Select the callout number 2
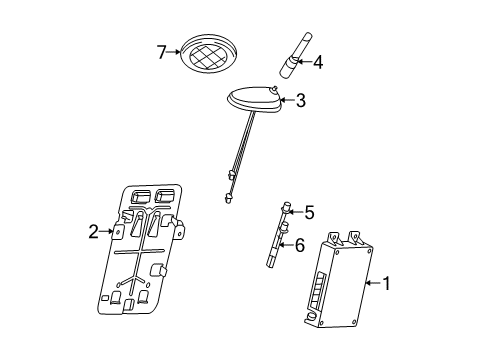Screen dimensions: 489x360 [93, 232]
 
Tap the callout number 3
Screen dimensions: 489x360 [300, 101]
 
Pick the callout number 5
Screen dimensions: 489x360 [309, 212]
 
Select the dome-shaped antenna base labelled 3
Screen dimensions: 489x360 [250, 102]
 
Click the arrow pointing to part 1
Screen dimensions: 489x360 [372, 285]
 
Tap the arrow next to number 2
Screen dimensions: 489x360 [108, 232]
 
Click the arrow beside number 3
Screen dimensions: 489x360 [286, 101]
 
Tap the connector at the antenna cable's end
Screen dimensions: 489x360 [229, 197]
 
